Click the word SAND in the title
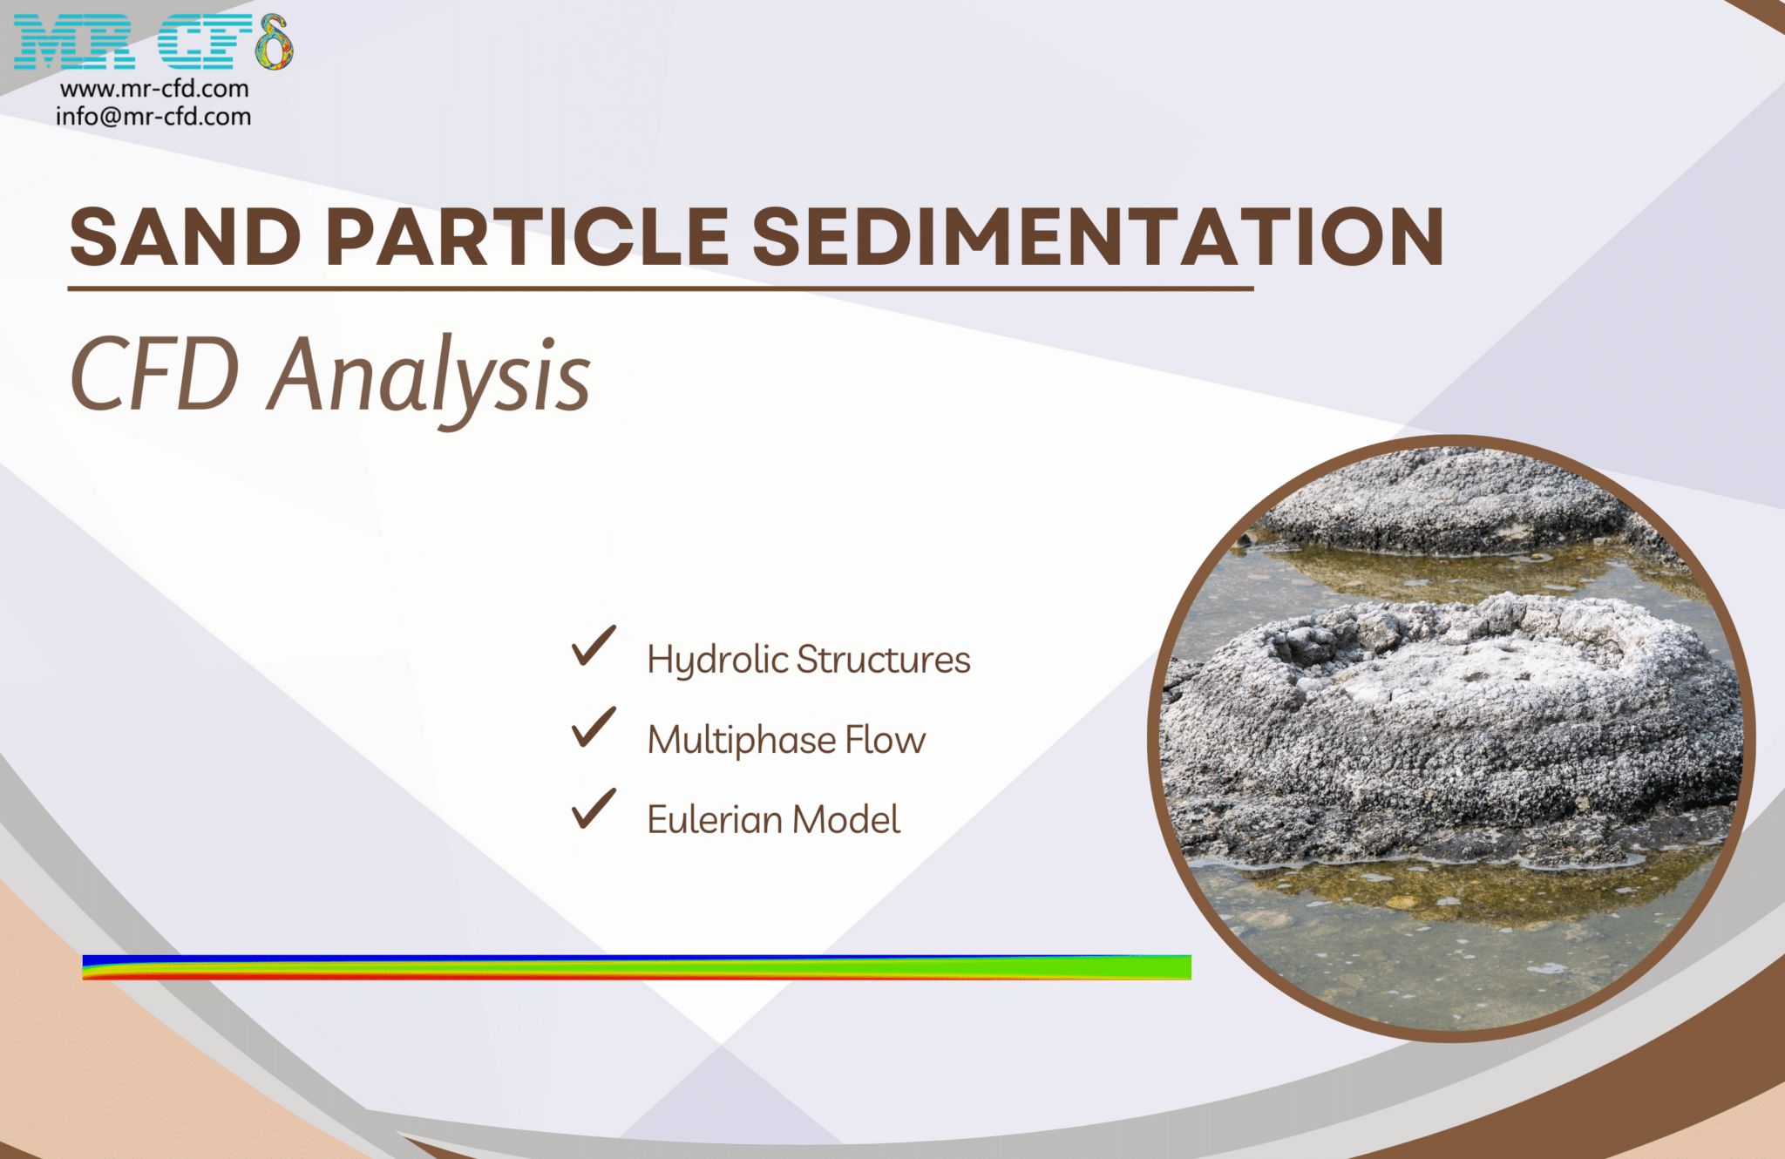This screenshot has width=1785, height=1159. click(x=185, y=237)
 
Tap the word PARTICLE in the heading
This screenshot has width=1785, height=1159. click(x=526, y=237)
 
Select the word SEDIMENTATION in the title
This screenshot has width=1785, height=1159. click(x=1097, y=237)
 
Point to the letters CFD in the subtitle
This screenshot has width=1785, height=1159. click(x=154, y=375)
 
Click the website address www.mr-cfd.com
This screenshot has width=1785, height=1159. click(x=154, y=89)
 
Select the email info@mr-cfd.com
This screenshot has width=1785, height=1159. click(x=153, y=117)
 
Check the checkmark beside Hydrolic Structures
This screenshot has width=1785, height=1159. click(x=594, y=647)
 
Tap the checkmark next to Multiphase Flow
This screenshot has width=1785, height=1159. click(x=594, y=728)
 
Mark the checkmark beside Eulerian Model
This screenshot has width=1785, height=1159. click(x=594, y=809)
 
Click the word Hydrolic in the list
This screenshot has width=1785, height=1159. click(x=716, y=660)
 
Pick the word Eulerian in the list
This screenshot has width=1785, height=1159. click(x=714, y=820)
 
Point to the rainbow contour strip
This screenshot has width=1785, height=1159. click(x=636, y=967)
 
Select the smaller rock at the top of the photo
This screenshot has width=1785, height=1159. click(x=1438, y=501)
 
